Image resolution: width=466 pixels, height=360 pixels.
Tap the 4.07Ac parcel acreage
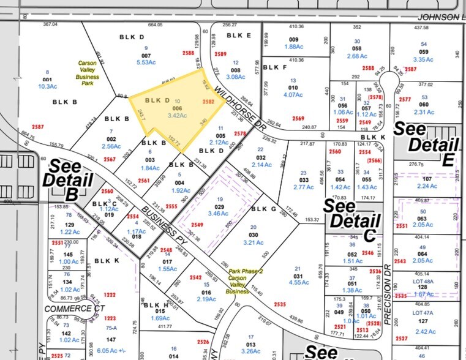(x=294, y=95)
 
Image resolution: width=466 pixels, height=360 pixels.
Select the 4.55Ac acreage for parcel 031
(x=298, y=282)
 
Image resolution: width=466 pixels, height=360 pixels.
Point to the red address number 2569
(x=298, y=119)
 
